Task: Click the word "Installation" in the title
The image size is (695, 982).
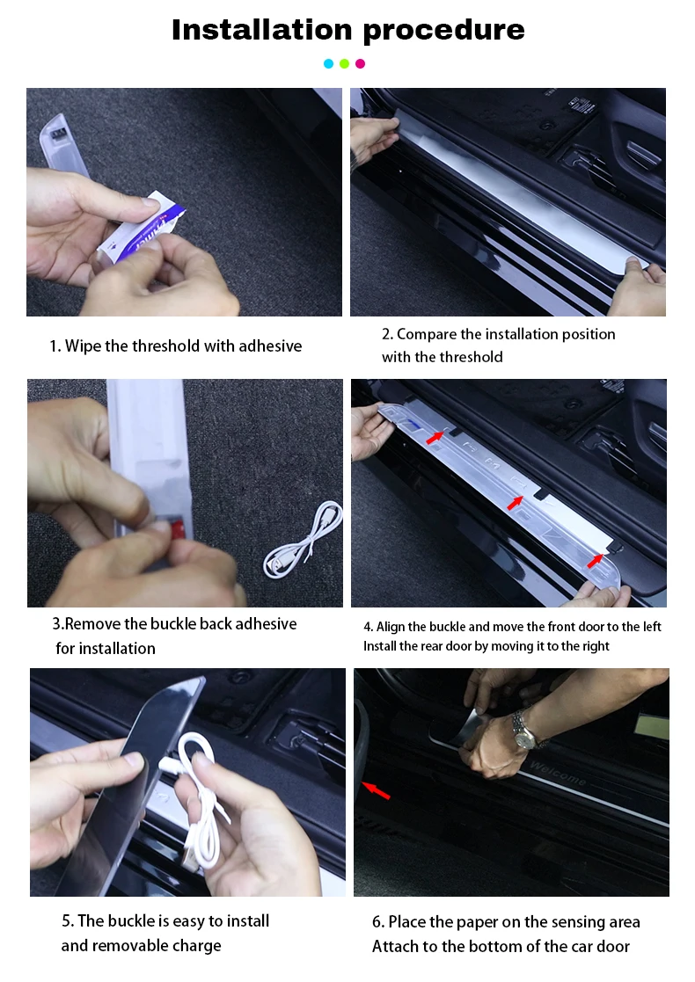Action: [x=260, y=30]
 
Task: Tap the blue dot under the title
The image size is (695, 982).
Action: [x=328, y=63]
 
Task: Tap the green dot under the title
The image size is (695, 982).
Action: [x=344, y=63]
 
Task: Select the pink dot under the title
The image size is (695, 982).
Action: [x=360, y=63]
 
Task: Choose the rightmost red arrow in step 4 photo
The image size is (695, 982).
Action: [x=596, y=559]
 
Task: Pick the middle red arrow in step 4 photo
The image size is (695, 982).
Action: [x=515, y=502]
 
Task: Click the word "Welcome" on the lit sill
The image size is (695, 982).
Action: [x=558, y=777]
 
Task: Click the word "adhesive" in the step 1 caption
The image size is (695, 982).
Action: [x=267, y=346]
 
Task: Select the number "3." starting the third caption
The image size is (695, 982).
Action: [x=58, y=624]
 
